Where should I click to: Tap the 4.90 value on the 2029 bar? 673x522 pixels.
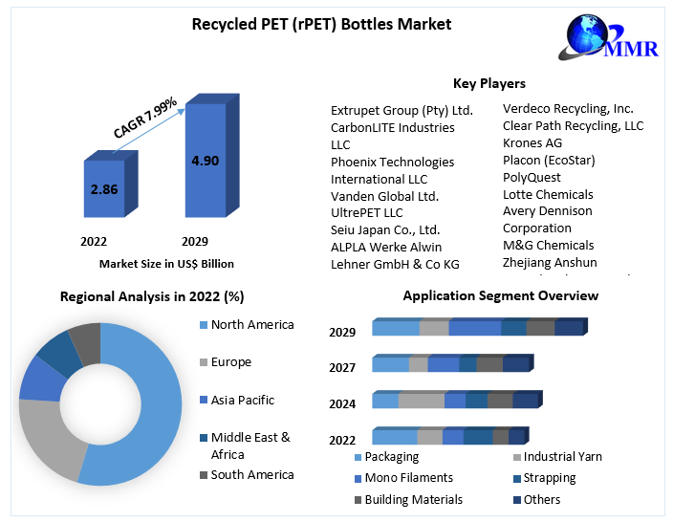point(206,161)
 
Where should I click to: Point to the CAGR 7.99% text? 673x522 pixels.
point(145,116)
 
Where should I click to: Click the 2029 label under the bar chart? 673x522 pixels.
point(193,241)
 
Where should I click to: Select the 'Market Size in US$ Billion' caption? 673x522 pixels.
point(166,263)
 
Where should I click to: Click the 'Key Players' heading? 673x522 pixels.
point(488,83)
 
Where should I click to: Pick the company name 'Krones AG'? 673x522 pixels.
point(532,142)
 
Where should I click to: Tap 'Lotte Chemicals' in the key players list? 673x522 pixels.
point(548,194)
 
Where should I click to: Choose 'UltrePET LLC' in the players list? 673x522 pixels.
point(367,212)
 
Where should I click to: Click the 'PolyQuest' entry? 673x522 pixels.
point(532,177)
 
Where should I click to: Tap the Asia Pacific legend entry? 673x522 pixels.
point(242,400)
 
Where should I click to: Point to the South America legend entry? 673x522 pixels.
point(252,474)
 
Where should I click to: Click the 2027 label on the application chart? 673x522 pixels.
point(342,367)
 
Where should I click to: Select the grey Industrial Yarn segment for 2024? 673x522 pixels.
point(421,401)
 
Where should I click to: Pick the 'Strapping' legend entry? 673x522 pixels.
point(549,477)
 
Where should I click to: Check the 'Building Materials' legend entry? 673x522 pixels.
point(413,499)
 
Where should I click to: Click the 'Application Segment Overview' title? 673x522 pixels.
point(500,295)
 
